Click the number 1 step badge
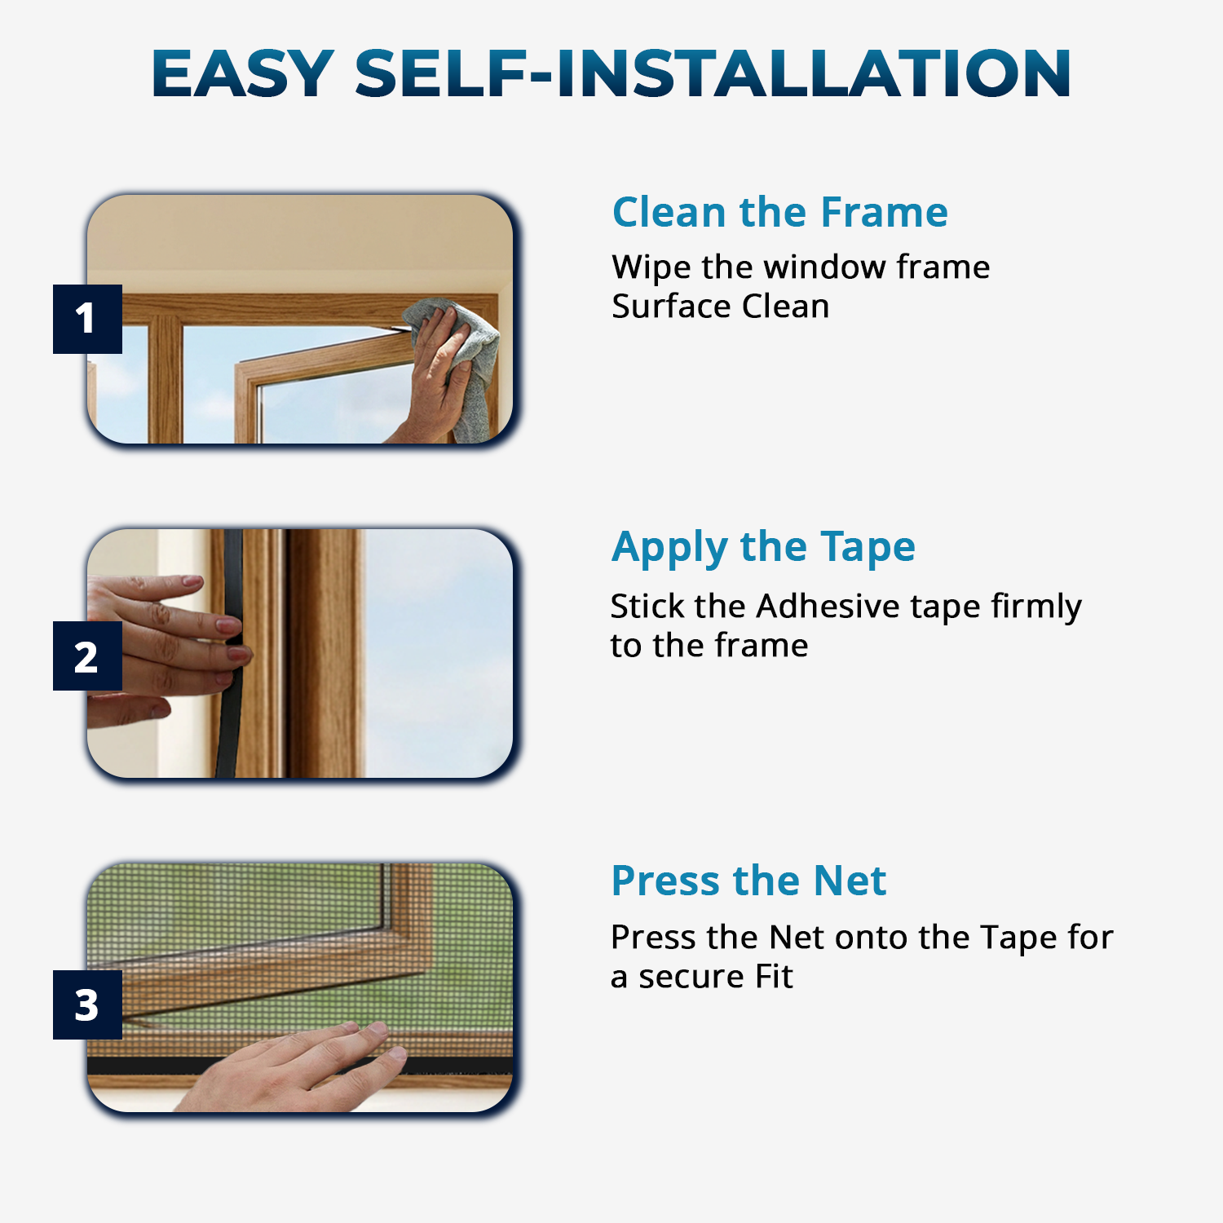(x=87, y=319)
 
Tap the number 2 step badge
(x=87, y=656)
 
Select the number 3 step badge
(x=87, y=1004)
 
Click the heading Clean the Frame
(x=780, y=212)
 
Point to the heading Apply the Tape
(x=763, y=547)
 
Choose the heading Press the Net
(x=748, y=881)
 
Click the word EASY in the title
(x=243, y=73)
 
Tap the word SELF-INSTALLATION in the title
(x=713, y=73)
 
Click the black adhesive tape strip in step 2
(x=231, y=652)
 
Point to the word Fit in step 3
(x=774, y=976)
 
